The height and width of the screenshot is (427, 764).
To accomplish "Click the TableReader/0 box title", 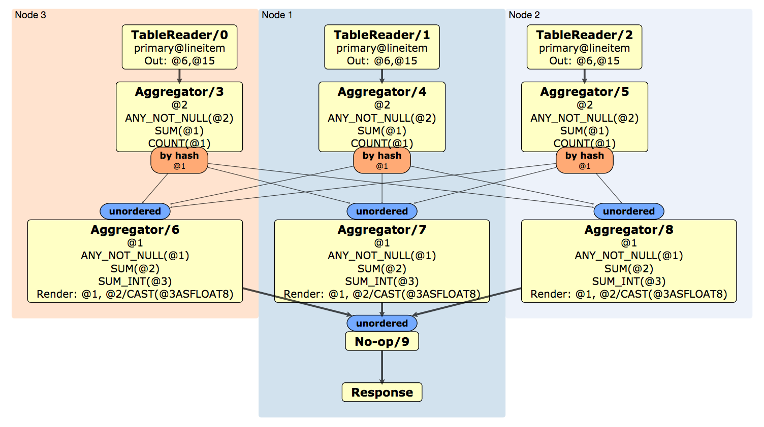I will click(179, 35).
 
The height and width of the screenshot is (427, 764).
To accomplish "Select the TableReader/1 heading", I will click(381, 35).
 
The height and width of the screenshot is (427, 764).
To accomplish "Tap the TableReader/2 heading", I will click(584, 35).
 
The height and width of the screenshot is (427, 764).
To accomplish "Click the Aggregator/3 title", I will click(179, 92).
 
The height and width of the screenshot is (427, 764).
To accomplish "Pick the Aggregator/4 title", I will click(381, 92).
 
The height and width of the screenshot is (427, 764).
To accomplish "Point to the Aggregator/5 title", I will click(584, 92).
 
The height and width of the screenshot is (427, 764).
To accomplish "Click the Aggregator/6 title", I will click(135, 230).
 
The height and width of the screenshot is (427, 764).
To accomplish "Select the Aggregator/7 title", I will click(381, 230).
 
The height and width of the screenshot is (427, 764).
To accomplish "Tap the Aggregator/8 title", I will click(628, 230).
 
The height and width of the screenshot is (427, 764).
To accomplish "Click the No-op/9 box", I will click(381, 341).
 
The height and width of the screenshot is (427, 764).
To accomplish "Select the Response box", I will click(381, 392).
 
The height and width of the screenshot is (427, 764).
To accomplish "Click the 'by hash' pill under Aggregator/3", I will click(179, 160).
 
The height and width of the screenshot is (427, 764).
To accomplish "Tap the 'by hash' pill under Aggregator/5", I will click(584, 160).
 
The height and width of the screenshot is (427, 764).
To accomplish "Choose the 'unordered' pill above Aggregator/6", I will click(135, 211).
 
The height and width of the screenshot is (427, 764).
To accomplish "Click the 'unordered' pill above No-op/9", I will click(381, 323).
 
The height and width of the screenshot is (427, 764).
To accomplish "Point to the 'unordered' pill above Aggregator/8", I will click(628, 211).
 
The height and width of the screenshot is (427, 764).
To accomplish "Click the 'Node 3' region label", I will click(30, 15).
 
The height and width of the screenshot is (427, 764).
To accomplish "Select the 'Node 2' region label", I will click(524, 15).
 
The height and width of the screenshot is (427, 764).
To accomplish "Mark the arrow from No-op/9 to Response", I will click(382, 367).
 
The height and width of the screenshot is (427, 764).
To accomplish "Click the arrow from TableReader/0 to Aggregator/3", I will click(179, 76).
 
